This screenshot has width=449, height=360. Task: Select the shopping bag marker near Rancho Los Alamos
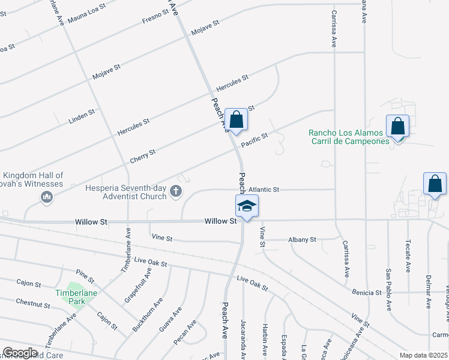[397, 127]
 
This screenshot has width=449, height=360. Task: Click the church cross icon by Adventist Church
[176, 191]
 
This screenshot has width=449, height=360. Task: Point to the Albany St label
[302, 239]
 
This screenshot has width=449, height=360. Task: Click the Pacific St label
[255, 141]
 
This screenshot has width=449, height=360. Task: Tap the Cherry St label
[143, 156]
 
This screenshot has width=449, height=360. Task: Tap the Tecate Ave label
[408, 260]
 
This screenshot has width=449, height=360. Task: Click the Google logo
[20, 353]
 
